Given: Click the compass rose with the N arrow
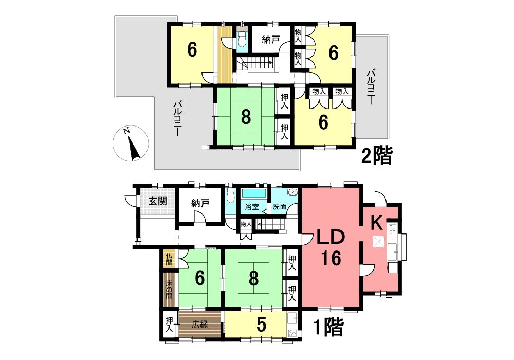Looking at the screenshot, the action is [131, 143].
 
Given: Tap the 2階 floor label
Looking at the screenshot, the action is [377, 156].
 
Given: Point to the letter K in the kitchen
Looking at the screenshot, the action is [377, 224].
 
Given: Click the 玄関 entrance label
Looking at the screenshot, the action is [158, 201].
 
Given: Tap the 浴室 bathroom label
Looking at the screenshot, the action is [252, 207].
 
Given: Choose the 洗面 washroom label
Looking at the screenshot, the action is [280, 207].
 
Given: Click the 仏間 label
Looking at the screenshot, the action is [169, 259].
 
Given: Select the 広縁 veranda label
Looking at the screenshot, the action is [200, 325].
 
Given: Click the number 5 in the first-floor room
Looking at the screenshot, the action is [261, 325].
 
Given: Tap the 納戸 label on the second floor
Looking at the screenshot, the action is [271, 40].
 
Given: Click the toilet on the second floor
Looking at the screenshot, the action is [242, 40].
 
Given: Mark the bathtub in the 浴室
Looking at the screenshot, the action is [253, 193].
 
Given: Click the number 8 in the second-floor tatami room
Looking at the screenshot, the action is [246, 116].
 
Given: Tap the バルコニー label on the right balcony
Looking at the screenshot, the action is [371, 87].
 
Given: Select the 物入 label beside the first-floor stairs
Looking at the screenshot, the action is [246, 224].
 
